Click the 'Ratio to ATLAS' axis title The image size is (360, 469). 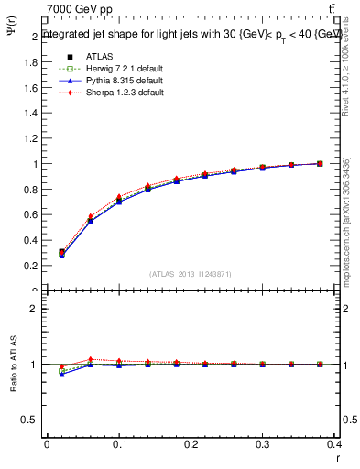click(x=13, y=365)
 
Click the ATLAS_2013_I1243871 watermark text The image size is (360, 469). click(x=191, y=274)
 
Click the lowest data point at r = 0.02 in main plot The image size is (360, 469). click(x=61, y=255)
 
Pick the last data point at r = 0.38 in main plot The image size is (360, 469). click(x=320, y=163)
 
